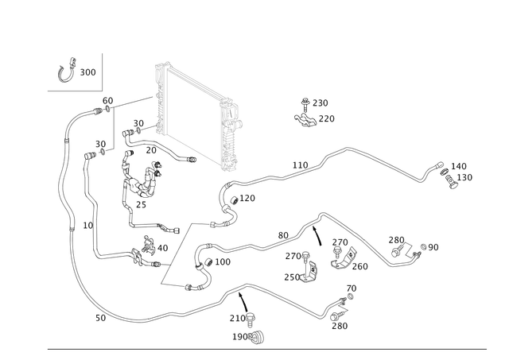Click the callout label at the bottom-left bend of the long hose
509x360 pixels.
tap(97, 317)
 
